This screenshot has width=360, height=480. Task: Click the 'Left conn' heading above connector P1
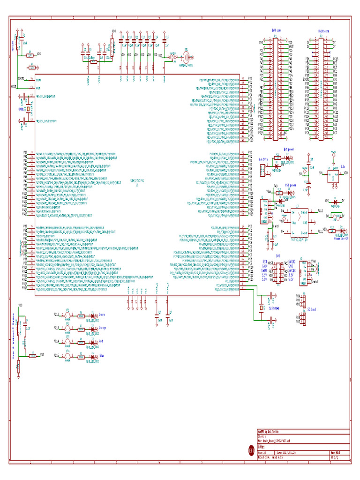point(277,30)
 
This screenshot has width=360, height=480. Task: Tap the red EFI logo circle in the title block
point(251,450)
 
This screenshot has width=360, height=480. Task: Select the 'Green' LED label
point(103,314)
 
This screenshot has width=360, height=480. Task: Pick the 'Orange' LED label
point(104,328)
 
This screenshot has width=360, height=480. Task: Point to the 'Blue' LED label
point(102,356)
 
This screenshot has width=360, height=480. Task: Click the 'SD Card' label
point(311,309)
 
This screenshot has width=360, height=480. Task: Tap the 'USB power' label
point(291,185)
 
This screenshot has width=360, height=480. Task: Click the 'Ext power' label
point(289,149)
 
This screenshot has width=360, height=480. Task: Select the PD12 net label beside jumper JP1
point(56,314)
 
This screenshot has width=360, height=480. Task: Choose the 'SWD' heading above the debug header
point(277,256)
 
